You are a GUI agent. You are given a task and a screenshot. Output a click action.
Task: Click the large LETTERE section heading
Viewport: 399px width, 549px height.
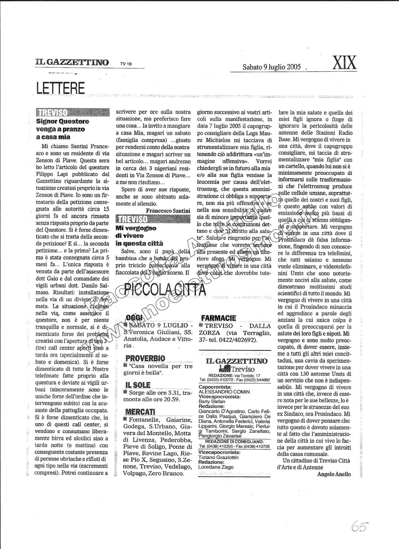pyautogui.click(x=60, y=88)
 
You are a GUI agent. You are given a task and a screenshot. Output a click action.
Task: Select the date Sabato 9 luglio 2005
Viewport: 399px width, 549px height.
pyautogui.click(x=272, y=67)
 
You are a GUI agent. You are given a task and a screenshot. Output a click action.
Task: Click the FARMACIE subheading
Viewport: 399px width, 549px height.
pyautogui.click(x=218, y=318)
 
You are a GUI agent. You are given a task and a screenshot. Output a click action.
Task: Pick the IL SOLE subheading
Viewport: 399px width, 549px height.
pyautogui.click(x=138, y=385)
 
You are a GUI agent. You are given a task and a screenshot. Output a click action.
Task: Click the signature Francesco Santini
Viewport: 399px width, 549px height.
pyautogui.click(x=168, y=211)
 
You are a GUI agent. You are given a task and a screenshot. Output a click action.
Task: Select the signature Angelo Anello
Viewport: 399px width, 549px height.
pyautogui.click(x=334, y=474)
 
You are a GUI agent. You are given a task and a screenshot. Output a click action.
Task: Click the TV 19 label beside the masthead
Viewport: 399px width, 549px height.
pyautogui.click(x=126, y=64)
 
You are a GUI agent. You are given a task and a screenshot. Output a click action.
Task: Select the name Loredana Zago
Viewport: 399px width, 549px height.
pyautogui.click(x=216, y=467)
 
